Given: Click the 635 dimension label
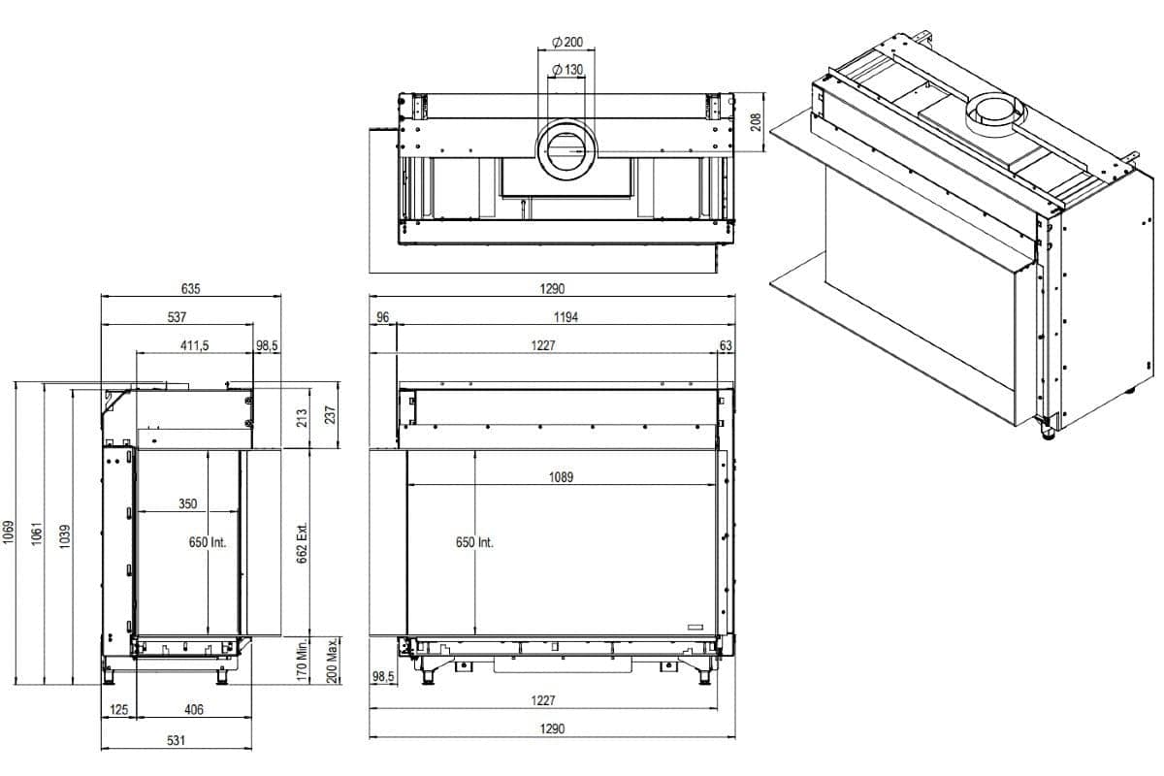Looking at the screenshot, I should click(190, 288).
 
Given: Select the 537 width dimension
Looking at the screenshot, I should click(177, 316).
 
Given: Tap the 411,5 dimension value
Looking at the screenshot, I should click(194, 345).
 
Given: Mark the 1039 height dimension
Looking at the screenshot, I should click(65, 534).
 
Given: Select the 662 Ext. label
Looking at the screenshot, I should click(302, 541).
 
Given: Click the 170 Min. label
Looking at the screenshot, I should click(302, 661).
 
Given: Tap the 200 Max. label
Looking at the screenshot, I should click(331, 661).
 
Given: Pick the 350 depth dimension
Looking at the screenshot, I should click(188, 504).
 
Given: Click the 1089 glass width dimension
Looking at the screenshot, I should click(561, 476).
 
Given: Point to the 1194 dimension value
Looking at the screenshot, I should click(566, 317).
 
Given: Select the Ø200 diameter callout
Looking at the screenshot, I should click(566, 43).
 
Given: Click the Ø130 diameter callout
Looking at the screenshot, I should click(566, 70).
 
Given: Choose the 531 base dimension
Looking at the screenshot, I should click(176, 740).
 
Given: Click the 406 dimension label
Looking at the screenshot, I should click(194, 710).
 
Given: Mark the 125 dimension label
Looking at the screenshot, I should click(119, 710).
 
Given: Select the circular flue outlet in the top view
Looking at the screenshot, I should click(567, 150).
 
